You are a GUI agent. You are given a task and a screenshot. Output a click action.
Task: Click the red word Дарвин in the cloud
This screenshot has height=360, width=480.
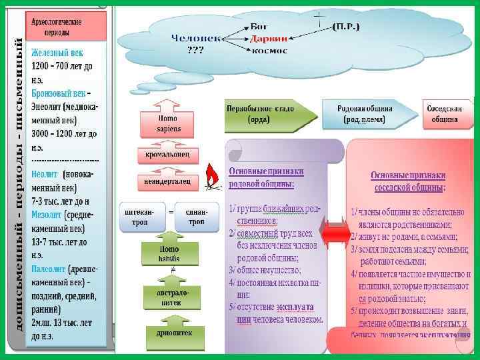point(269,38)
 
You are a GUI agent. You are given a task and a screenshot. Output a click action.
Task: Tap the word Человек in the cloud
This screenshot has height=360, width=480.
point(196,38)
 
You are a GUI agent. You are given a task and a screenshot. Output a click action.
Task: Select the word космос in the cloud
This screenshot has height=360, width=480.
point(269,50)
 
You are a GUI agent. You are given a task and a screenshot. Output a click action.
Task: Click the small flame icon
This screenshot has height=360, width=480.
point(212,175)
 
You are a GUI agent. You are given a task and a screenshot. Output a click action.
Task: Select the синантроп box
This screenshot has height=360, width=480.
point(196,216)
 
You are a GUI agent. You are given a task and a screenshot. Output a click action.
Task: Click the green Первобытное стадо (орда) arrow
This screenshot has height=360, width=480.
point(268,114)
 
